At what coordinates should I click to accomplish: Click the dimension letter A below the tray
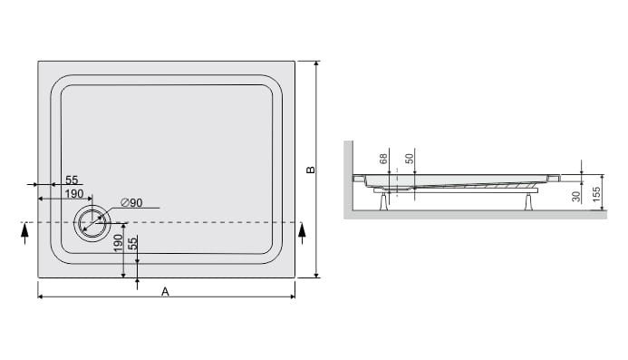click(x=165, y=292)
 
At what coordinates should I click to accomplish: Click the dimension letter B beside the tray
click(x=311, y=170)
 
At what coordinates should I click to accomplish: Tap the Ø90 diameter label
click(x=131, y=203)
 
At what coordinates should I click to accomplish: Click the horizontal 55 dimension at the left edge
click(x=72, y=180)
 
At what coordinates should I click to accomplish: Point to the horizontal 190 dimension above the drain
click(x=74, y=194)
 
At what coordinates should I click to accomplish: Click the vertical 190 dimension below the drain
click(x=118, y=243)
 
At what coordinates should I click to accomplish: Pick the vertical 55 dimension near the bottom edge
click(x=133, y=243)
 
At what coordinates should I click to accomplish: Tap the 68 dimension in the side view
click(x=383, y=159)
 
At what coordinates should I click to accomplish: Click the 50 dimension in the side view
click(x=409, y=159)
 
